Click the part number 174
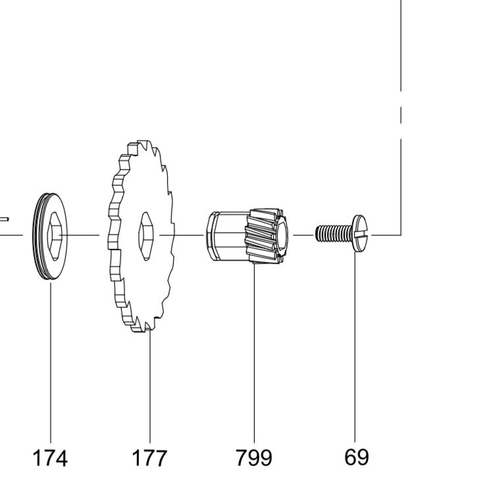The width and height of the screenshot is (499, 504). pyautogui.click(x=50, y=458)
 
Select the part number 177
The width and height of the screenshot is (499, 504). pyautogui.click(x=149, y=458)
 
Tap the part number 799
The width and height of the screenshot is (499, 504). pyautogui.click(x=253, y=457)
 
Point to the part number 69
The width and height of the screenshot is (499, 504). pyautogui.click(x=356, y=457)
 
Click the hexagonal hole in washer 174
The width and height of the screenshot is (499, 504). pyautogui.click(x=55, y=236)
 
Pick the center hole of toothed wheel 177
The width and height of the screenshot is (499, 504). pyautogui.click(x=146, y=236)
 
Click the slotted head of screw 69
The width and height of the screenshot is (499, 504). pyautogui.click(x=359, y=233)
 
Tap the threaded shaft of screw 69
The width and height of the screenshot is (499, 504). pyautogui.click(x=334, y=233)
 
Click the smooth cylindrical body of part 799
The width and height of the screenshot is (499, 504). pyautogui.click(x=228, y=236)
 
